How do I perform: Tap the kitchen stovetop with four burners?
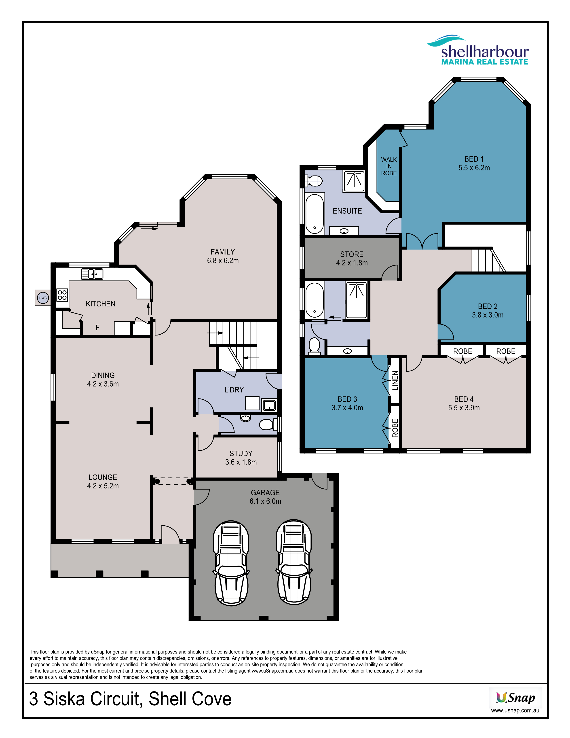[x=62, y=295]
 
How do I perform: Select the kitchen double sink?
[x=92, y=274]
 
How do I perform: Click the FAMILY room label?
[x=223, y=252]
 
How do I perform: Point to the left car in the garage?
[x=231, y=563]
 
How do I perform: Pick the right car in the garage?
[x=294, y=562]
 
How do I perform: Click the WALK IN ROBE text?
[x=389, y=166]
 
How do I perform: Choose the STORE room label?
[x=352, y=254]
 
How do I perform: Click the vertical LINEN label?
[x=395, y=380]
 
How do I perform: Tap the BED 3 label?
[x=347, y=399]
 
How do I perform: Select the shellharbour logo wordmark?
[x=485, y=52]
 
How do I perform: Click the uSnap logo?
[x=515, y=698]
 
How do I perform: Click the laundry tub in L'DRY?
[x=269, y=405]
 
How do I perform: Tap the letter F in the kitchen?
[x=98, y=327]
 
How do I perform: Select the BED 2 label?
[x=488, y=306]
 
